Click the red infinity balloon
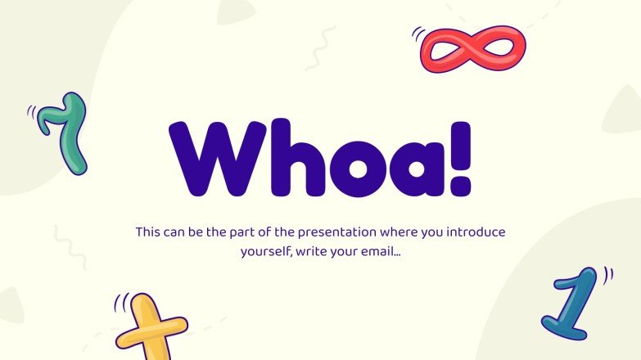point(472,49)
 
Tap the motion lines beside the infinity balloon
point(418,34)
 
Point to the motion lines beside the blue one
point(607,275)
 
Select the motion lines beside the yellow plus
point(121,304)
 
